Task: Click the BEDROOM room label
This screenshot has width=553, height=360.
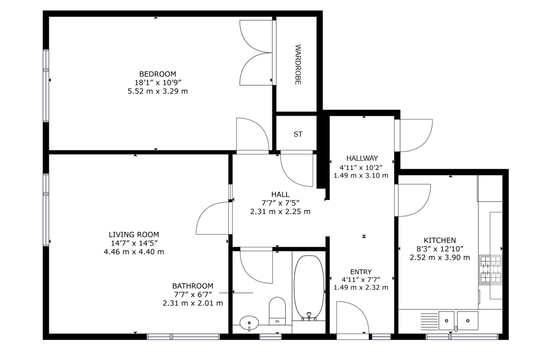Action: click(x=158, y=74)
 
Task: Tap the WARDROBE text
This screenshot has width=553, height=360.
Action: click(x=298, y=64)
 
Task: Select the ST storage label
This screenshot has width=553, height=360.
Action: click(x=298, y=134)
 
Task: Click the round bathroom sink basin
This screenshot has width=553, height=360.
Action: click(x=249, y=323)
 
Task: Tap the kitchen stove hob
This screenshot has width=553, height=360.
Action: click(x=490, y=269)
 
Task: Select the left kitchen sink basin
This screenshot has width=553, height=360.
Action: click(x=446, y=321)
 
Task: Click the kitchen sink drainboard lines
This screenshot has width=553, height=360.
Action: click(x=429, y=321)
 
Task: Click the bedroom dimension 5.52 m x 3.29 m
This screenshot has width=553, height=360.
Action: click(x=158, y=91)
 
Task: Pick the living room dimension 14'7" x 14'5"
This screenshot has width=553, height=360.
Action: click(x=134, y=243)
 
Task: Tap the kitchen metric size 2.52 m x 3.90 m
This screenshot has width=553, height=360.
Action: click(x=440, y=258)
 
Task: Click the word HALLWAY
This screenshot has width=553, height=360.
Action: click(x=362, y=158)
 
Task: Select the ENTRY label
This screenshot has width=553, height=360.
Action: click(x=361, y=272)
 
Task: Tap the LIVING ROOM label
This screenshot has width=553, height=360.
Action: click(x=134, y=235)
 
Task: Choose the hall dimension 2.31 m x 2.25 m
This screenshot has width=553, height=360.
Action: click(x=280, y=212)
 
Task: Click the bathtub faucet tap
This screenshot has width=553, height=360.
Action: click(x=309, y=316)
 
